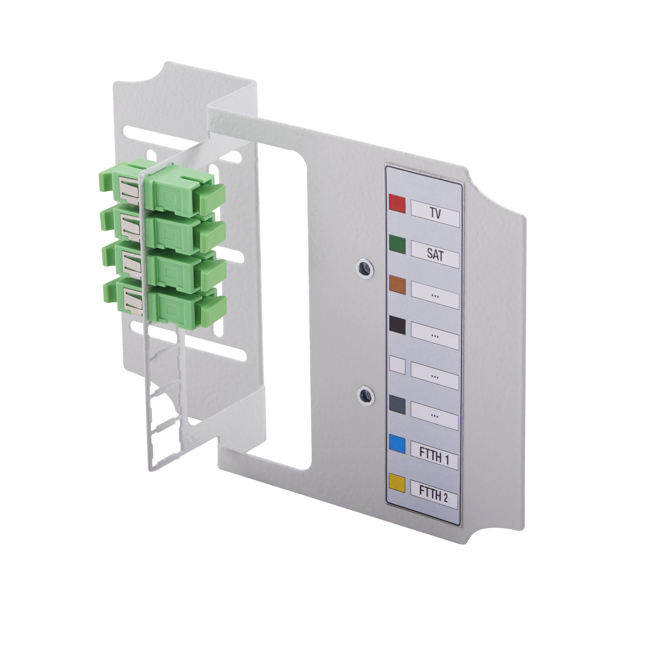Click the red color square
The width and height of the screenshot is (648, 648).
[x=397, y=205]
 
